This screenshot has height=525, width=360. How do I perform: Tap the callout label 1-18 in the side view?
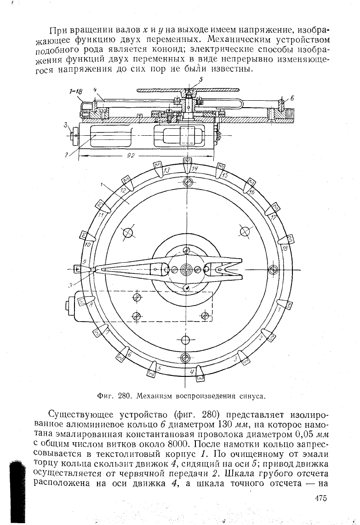coord(76,91)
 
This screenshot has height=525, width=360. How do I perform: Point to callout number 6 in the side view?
coord(292,98)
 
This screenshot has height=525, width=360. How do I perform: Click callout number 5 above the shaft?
coord(201,79)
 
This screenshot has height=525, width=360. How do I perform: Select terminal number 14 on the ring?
coord(195,168)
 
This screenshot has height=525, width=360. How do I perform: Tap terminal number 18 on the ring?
coord(285,248)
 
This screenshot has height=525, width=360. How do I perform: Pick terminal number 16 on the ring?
coord(251,191)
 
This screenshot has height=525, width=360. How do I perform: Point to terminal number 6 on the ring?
coord(130,354)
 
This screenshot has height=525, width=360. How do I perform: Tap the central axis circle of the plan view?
coord(186,269)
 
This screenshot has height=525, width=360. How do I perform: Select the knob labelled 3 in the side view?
coord(74,135)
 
